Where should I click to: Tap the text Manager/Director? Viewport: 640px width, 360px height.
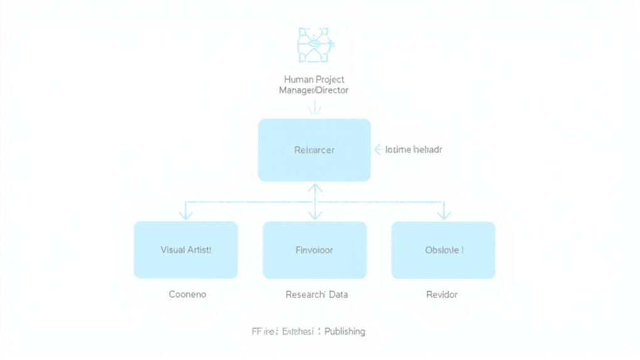tap(314, 90)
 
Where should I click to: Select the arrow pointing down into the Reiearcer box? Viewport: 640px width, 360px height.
tap(314, 109)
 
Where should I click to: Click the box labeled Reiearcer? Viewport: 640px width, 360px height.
tap(314, 150)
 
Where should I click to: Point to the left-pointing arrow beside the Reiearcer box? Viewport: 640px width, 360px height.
tap(378, 150)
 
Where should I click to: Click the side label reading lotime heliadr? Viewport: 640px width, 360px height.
tap(413, 150)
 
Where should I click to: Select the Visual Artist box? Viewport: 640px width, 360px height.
tap(186, 250)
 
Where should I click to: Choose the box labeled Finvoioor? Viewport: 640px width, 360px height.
tap(314, 250)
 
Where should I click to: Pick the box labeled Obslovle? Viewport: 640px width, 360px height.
tap(443, 250)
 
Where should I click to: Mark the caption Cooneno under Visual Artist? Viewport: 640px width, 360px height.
tap(187, 294)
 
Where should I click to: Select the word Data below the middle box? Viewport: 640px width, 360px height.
tap(337, 294)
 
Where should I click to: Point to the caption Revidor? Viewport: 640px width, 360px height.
tap(442, 294)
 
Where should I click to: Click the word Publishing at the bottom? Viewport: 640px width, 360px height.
tap(344, 331)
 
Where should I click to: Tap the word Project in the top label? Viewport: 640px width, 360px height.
tap(330, 80)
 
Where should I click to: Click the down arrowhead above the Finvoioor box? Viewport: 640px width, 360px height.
tap(314, 215)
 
